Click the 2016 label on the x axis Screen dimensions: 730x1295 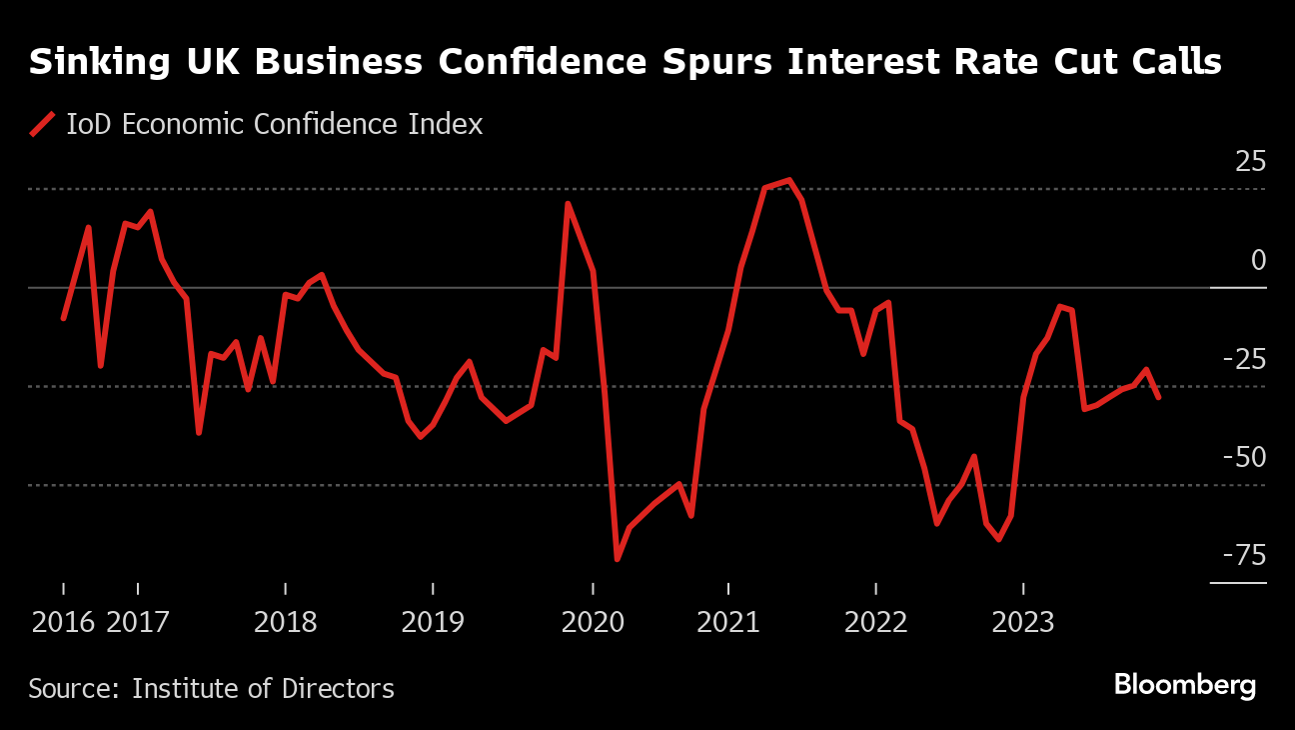point(64,622)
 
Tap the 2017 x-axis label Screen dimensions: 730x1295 point(139,622)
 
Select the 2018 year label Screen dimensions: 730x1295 point(286,622)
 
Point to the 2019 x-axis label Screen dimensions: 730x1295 point(433,622)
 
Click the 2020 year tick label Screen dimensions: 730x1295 point(593,622)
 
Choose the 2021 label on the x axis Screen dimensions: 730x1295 point(728,622)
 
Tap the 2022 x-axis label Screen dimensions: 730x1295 point(876,622)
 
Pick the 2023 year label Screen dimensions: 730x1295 point(1022,622)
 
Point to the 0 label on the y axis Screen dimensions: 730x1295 point(1258,261)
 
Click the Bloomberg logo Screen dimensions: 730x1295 point(1184,686)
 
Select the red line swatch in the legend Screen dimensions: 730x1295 point(42,125)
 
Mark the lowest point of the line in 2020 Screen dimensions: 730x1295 point(617,559)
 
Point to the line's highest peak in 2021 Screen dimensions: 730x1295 point(789,180)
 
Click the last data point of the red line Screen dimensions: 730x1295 point(1158,397)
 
